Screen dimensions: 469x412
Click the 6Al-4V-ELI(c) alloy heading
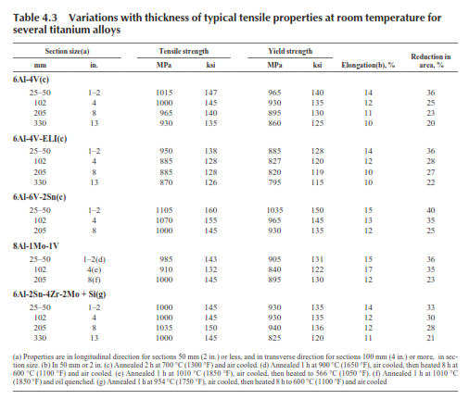[40, 139]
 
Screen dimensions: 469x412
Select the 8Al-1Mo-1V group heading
[36, 246]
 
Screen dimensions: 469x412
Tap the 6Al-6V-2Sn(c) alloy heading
[39, 197]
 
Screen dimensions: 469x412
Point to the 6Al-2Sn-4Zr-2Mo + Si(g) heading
[59, 294]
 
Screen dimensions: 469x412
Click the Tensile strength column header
[184, 51]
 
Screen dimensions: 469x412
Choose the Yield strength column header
[290, 51]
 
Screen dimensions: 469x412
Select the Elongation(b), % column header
[368, 65]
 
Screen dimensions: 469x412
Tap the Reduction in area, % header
[431, 61]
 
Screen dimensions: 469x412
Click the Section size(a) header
[67, 51]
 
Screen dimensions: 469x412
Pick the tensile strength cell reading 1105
[164, 210]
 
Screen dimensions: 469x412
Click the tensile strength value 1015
[164, 93]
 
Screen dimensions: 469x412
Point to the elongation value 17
[368, 269]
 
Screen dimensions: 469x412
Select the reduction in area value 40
[431, 210]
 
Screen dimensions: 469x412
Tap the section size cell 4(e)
[94, 269]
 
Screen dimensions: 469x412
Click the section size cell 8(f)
[94, 280]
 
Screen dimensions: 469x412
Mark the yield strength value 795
[274, 182]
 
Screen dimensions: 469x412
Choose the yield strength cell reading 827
[274, 161]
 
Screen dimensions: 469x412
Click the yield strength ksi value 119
[317, 172]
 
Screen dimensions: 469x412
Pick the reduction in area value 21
[431, 338]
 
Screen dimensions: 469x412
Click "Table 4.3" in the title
[35, 18]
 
